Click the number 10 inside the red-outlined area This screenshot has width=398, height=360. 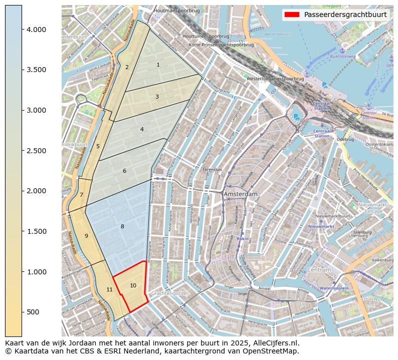[133, 285]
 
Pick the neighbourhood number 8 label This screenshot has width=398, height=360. [122, 227]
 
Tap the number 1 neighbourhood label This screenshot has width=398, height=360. [158, 65]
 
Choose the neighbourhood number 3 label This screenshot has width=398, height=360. [157, 97]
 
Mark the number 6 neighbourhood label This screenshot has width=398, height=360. [124, 171]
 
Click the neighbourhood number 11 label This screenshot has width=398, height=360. [109, 289]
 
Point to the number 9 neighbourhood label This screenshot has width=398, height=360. [86, 236]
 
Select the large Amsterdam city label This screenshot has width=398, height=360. [241, 194]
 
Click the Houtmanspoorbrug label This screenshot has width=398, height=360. [177, 11]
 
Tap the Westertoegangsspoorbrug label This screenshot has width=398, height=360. [275, 79]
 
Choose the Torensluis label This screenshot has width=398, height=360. [213, 170]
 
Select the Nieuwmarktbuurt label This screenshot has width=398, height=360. [332, 216]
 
